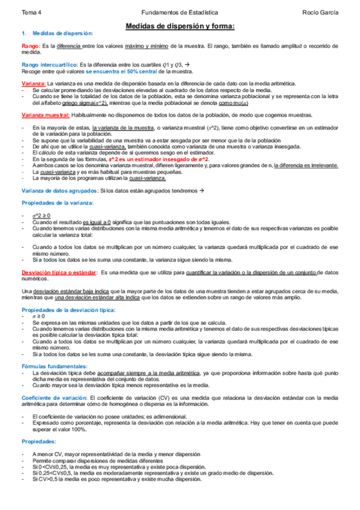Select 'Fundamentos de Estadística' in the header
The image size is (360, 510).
180,11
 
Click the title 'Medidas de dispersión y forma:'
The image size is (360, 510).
180,26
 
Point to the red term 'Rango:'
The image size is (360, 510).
31,46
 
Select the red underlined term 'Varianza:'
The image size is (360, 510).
33,83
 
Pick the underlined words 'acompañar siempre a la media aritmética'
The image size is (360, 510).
148,373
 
